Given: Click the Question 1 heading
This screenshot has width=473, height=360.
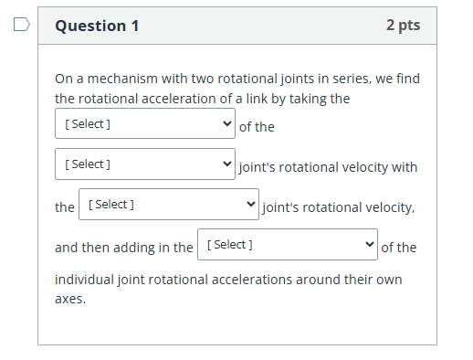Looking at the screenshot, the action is point(97,26).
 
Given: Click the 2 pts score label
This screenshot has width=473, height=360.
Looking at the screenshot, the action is point(403,26).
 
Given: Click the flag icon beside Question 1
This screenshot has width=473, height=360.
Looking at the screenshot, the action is point(22,25).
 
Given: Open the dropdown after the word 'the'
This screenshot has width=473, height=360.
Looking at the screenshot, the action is point(169,205).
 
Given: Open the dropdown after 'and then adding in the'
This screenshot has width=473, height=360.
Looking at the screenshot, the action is point(287,245).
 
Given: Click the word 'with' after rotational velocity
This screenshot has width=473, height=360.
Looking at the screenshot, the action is point(403,167).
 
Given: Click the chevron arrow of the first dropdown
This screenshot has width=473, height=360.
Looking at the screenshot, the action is point(226,123).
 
